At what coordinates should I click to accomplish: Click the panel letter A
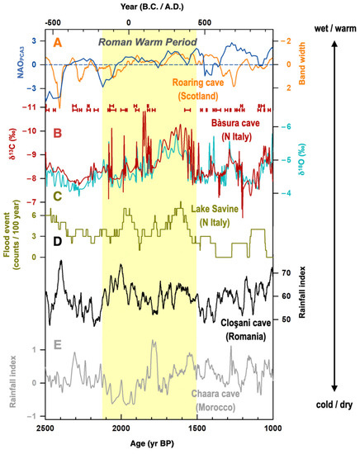(57, 40)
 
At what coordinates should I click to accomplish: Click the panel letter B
(57, 130)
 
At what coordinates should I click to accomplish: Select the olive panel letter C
(57, 196)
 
